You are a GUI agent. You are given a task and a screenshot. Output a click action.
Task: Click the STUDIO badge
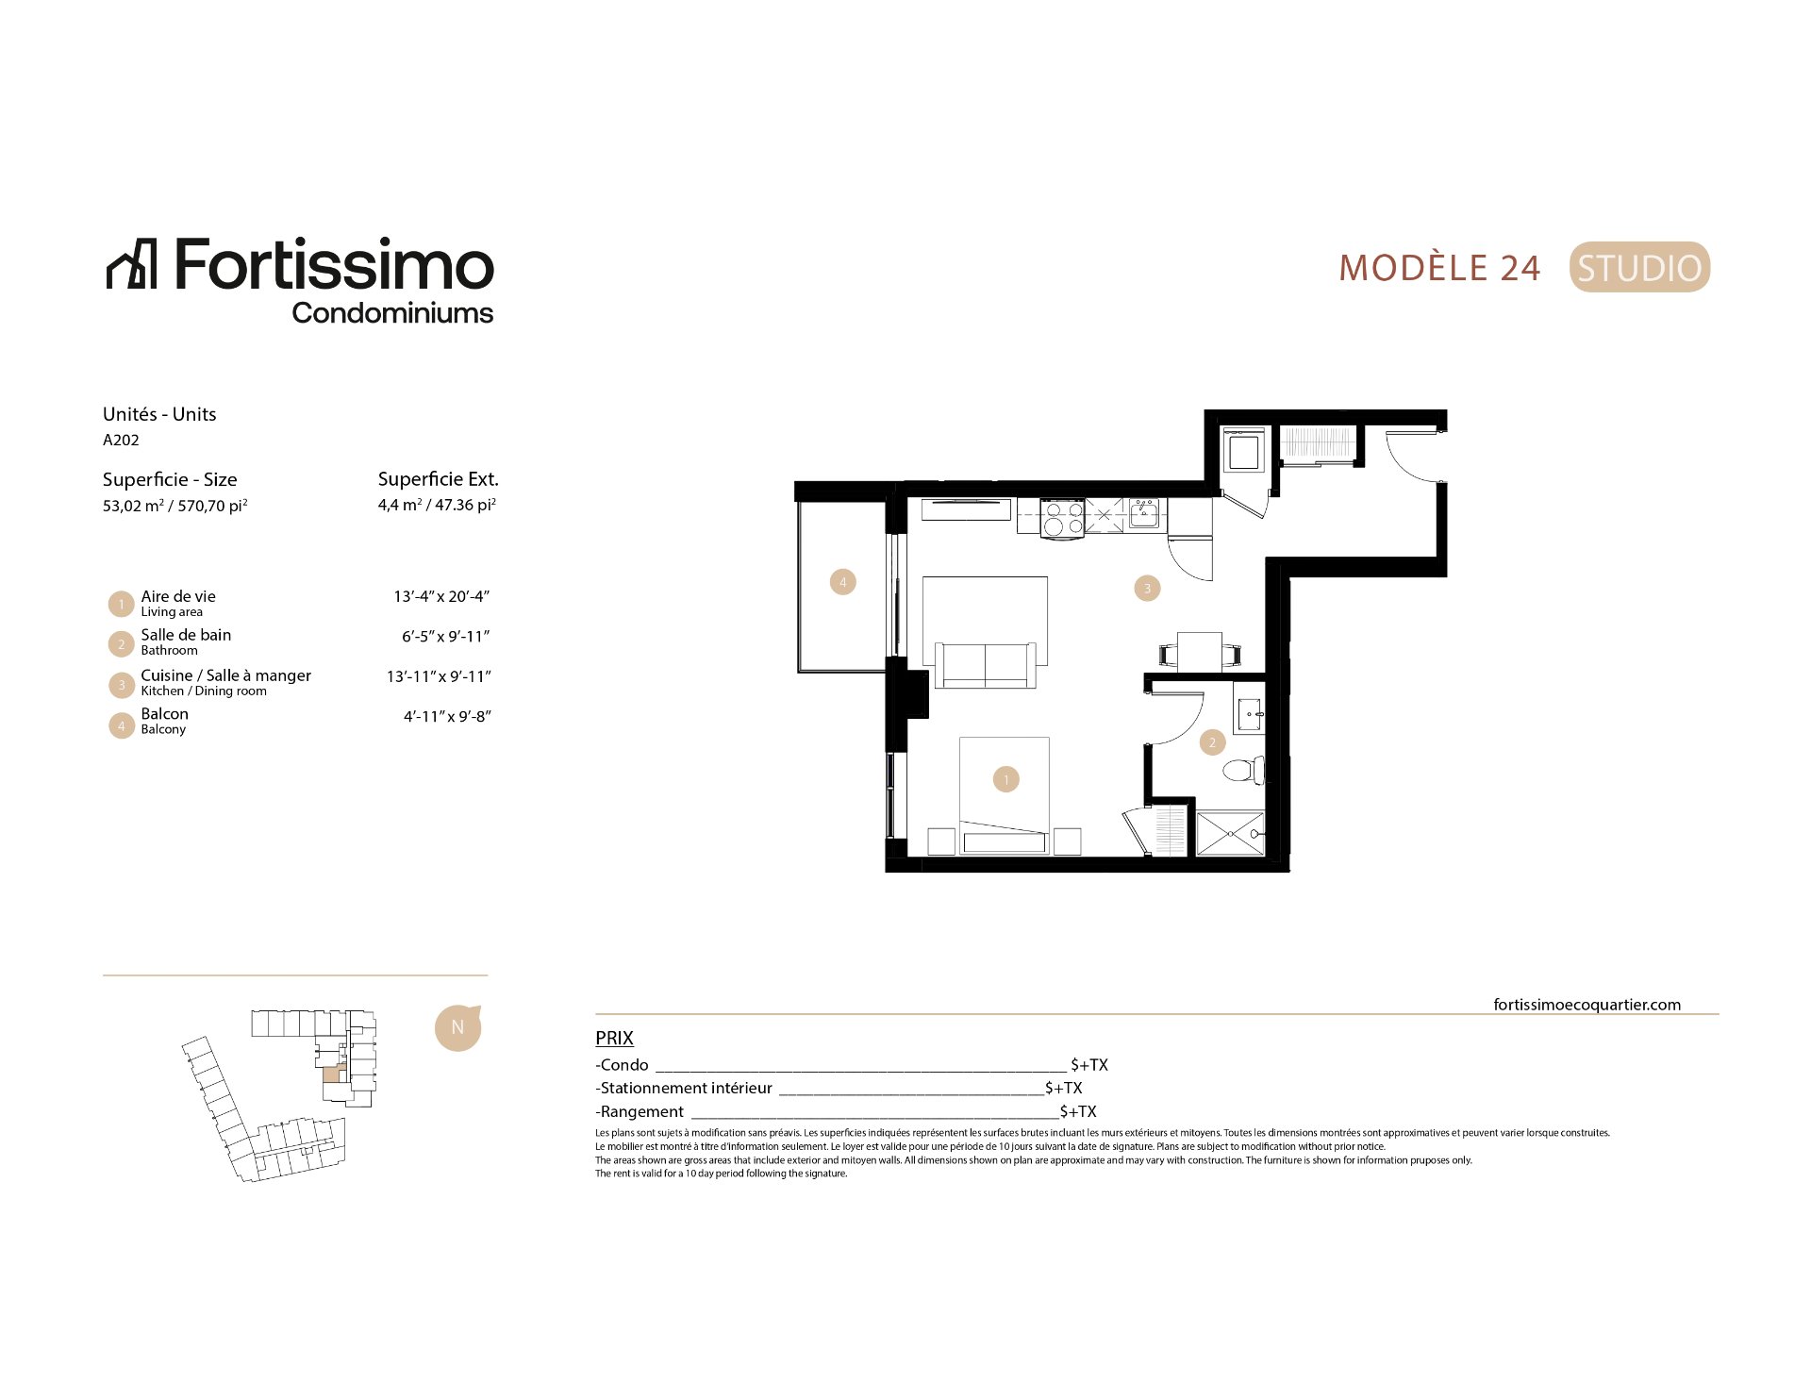click(x=1639, y=268)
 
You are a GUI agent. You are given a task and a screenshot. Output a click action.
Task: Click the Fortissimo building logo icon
click(x=131, y=263)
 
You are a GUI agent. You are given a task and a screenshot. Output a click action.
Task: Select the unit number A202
click(x=121, y=440)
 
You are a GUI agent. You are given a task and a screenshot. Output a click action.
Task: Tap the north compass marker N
click(x=457, y=1027)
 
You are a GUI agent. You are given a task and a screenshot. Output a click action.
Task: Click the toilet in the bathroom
click(x=1243, y=769)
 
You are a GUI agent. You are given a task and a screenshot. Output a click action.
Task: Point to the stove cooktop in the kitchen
click(x=1062, y=519)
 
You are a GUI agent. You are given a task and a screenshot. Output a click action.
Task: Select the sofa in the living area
click(x=986, y=664)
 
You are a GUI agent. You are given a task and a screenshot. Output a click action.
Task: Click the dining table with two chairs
click(x=1200, y=652)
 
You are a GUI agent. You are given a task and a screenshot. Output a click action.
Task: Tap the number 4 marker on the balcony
click(x=843, y=582)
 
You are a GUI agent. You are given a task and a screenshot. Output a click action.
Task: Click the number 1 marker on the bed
click(x=1006, y=779)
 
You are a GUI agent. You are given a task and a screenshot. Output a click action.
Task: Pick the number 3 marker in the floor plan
click(x=1147, y=589)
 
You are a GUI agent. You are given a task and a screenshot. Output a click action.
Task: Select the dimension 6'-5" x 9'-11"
click(x=446, y=637)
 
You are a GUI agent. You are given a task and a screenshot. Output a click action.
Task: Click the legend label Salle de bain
click(x=186, y=635)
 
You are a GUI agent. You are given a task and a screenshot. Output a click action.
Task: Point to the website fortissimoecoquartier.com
click(x=1587, y=1005)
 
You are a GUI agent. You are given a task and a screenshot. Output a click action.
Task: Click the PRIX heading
click(x=614, y=1038)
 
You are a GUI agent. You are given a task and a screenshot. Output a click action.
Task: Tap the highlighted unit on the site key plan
click(x=331, y=1074)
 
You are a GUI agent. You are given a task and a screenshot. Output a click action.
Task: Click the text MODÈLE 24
click(x=1439, y=268)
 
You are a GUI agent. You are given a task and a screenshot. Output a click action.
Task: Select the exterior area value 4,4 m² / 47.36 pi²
click(x=438, y=505)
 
